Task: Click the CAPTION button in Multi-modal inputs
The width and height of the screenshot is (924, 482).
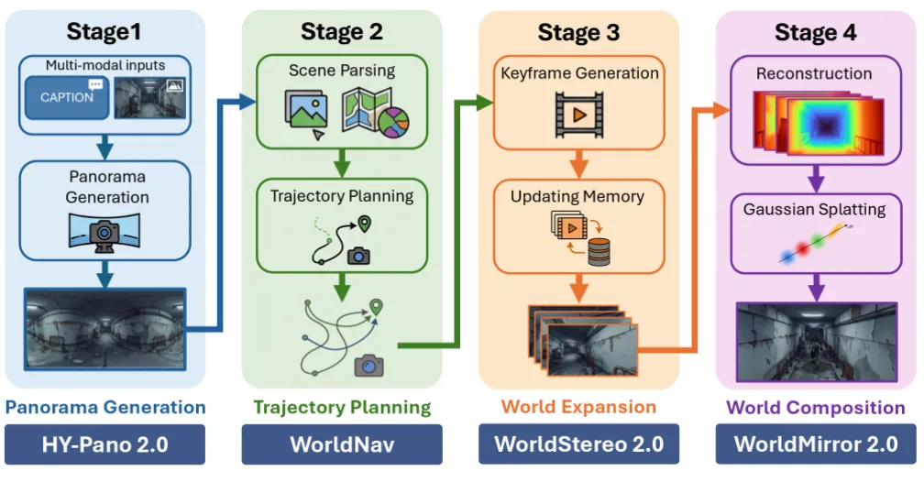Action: (67, 97)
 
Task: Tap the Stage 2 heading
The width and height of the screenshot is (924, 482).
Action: (342, 32)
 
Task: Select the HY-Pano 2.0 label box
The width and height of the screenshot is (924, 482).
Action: (104, 444)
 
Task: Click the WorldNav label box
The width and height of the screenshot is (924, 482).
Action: (342, 444)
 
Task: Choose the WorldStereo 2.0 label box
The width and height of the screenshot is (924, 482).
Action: (578, 444)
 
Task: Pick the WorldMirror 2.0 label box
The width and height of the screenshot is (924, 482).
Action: (816, 444)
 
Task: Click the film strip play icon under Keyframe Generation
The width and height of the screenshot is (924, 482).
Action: (579, 115)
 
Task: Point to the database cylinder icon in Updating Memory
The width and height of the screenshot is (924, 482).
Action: (599, 252)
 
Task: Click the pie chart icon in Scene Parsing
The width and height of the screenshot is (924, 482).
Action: (393, 122)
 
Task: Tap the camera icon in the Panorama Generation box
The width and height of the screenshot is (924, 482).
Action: (104, 233)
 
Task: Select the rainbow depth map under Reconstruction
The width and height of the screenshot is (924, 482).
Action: (819, 123)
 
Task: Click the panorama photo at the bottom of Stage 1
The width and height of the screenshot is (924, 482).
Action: (104, 329)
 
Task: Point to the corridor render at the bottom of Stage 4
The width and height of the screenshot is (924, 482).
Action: (817, 343)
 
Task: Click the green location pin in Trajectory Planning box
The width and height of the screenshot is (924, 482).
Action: (365, 224)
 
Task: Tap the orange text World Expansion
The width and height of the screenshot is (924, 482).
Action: (578, 407)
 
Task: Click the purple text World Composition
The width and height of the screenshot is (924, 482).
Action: (816, 407)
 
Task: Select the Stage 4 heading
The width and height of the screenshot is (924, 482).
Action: (816, 32)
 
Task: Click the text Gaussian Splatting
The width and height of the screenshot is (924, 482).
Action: (814, 209)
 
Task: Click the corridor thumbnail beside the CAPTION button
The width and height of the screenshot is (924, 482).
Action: (150, 98)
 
